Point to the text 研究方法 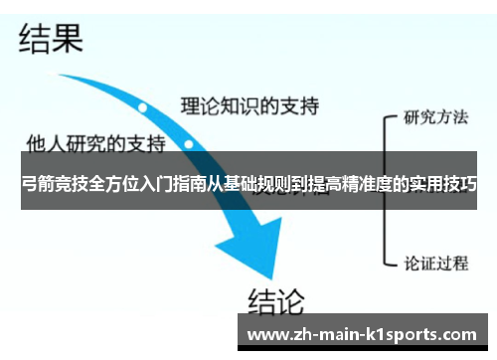(x=435, y=116)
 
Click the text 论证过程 (x=435, y=264)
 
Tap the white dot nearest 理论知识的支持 (x=143, y=105)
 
